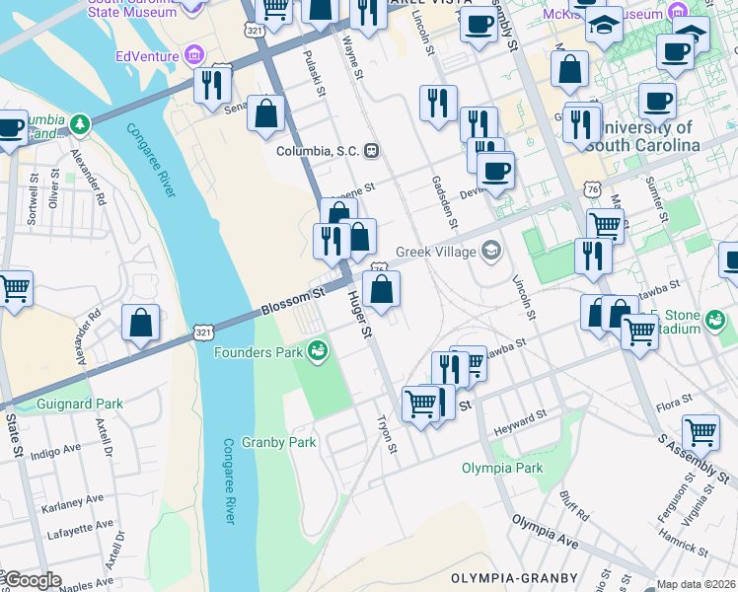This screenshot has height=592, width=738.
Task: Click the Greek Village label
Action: [435, 252]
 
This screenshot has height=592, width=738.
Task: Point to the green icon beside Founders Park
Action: [317, 350]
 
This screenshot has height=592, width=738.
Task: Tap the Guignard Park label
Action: [79, 404]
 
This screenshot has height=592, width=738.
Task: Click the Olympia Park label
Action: [503, 468]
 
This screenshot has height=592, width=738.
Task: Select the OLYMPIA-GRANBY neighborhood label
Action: [503, 576]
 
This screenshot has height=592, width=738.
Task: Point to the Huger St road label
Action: [358, 315]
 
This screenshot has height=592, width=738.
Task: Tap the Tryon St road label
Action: [386, 434]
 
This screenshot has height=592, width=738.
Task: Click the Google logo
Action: [32, 580]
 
